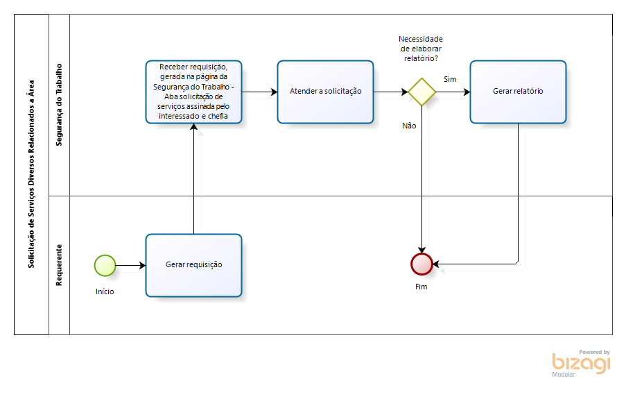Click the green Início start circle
pyautogui.click(x=105, y=264)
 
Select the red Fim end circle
pyautogui.click(x=421, y=264)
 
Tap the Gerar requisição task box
pyautogui.click(x=193, y=264)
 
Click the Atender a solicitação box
pyautogui.click(x=325, y=92)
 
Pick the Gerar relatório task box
pyautogui.click(x=518, y=92)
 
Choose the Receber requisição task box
pyautogui.click(x=193, y=92)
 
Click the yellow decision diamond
pyautogui.click(x=421, y=92)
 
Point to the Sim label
pyautogui.click(x=450, y=79)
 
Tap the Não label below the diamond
pyautogui.click(x=409, y=126)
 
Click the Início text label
pyautogui.click(x=105, y=291)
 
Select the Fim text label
pyautogui.click(x=421, y=287)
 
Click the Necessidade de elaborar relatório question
pyautogui.click(x=421, y=49)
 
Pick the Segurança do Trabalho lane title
pyautogui.click(x=59, y=105)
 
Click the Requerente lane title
pyautogui.click(x=59, y=265)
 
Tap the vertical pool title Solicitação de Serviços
pyautogui.click(x=31, y=174)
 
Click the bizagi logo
pyautogui.click(x=581, y=364)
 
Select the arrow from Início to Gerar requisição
pyautogui.click(x=131, y=264)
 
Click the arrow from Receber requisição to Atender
pyautogui.click(x=259, y=92)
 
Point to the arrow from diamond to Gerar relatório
pyautogui.click(x=453, y=92)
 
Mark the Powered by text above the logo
pyautogui.click(x=594, y=352)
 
